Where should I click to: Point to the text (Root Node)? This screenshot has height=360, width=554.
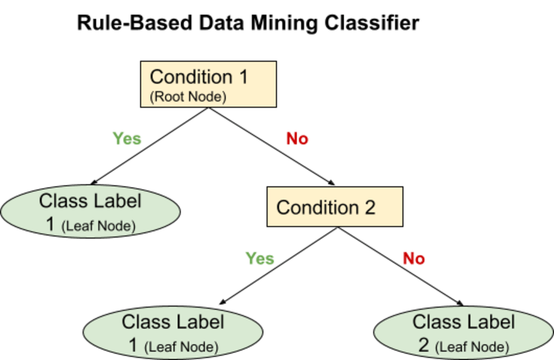(188, 98)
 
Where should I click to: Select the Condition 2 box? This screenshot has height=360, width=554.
(334, 206)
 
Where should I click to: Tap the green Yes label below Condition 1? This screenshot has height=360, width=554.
(127, 139)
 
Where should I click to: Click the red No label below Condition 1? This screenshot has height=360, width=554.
(297, 139)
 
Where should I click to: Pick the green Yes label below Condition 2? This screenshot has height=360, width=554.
(260, 258)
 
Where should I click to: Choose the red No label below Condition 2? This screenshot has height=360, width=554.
(414, 258)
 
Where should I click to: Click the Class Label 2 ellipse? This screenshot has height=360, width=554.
(463, 334)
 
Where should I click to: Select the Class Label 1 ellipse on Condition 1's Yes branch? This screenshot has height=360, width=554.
(90, 212)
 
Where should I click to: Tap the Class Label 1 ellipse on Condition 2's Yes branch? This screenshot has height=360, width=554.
(172, 334)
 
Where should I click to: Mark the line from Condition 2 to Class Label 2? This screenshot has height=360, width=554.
(398, 265)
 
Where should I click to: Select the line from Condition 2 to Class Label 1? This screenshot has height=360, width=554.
(280, 265)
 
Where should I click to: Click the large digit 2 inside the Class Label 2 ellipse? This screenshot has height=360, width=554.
(424, 345)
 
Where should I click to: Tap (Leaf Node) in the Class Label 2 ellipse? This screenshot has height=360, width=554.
(472, 348)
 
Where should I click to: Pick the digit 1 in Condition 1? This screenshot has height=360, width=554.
(243, 77)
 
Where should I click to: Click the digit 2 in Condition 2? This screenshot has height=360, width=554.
(369, 207)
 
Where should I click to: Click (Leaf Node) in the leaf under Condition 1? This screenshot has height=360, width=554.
(98, 227)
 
